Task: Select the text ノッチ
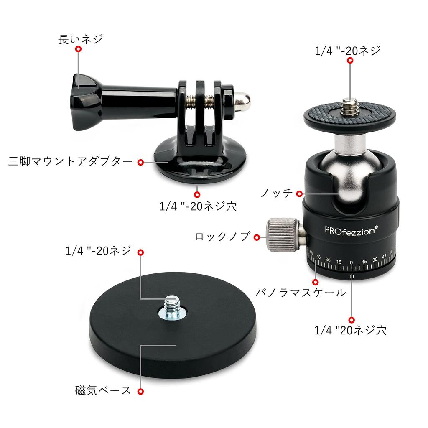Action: click(276, 194)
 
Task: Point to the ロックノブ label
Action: click(222, 237)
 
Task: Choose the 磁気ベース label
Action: click(103, 391)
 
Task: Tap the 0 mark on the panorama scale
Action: click(351, 262)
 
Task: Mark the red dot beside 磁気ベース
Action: click(141, 391)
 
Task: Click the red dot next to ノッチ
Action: click(299, 194)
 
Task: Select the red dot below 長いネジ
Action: click(78, 49)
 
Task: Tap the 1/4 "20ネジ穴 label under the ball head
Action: click(350, 331)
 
